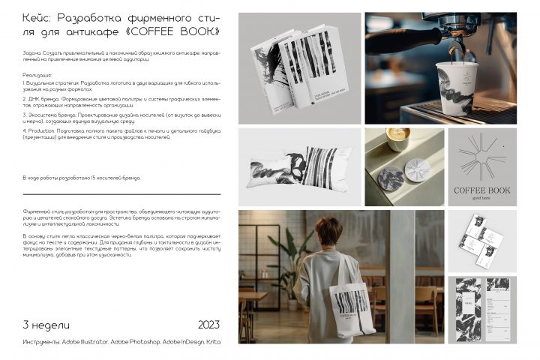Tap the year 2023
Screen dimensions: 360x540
[x=208, y=325]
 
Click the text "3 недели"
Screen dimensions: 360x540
[x=46, y=325]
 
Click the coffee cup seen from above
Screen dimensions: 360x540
[x=397, y=139]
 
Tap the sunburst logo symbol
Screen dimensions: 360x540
[x=481, y=154]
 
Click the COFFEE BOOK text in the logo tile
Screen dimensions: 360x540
[x=481, y=190]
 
